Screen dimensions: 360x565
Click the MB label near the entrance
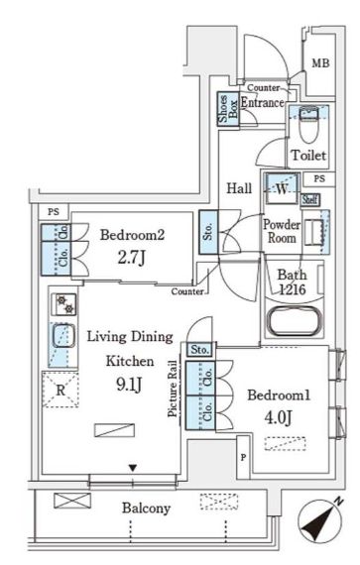coord(320,63)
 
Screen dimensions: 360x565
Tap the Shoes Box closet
coord(228,109)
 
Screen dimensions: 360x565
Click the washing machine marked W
coord(282,188)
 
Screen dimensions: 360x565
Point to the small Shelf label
coord(309,199)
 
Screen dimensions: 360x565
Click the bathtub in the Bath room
coord(295,321)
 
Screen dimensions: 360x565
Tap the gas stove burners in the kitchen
coord(63,304)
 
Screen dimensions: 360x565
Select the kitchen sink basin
coord(63,335)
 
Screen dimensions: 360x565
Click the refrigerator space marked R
coord(60,390)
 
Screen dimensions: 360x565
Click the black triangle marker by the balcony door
coord(133,468)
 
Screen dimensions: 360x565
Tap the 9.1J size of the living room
coord(129,385)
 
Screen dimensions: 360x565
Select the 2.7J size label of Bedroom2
coord(132,258)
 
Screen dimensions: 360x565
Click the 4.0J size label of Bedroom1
coord(279,417)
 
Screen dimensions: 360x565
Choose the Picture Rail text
coord(174,389)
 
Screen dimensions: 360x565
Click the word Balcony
coord(146,508)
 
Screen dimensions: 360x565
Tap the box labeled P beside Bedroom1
coord(244,457)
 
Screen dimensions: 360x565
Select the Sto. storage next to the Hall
coord(208,232)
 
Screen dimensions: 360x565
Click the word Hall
coord(239,188)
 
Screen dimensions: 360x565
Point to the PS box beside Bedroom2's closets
coord(54,212)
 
